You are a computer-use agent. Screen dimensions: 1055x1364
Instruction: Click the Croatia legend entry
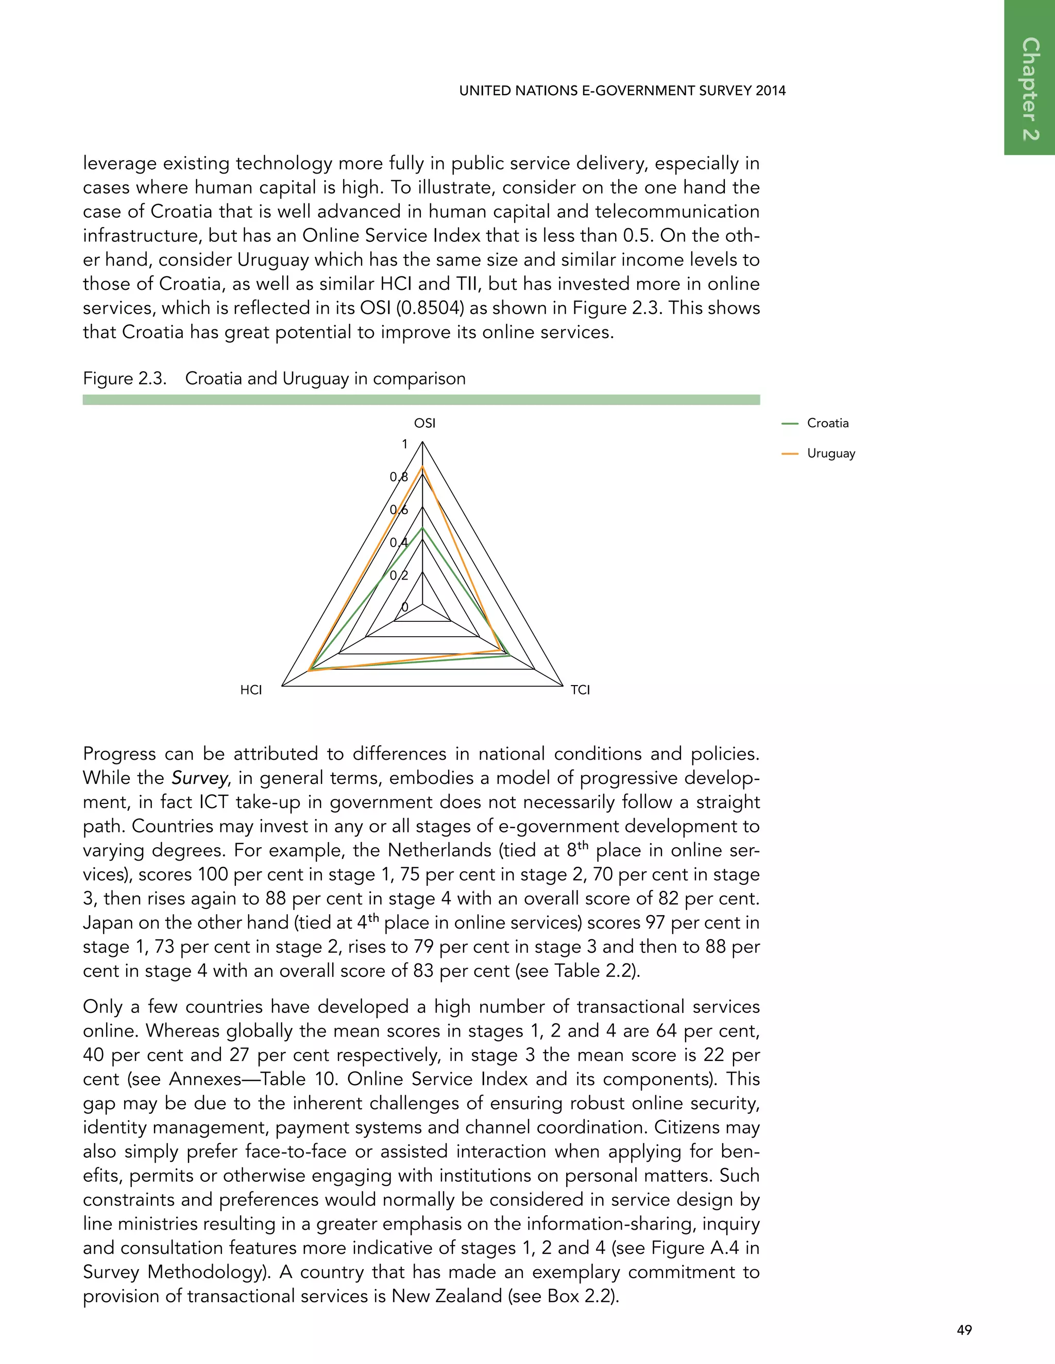pos(827,423)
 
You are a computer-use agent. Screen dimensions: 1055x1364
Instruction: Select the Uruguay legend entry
pos(830,453)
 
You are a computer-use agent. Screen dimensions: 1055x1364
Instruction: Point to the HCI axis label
pos(251,690)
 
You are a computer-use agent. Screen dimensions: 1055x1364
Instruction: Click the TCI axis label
pos(580,690)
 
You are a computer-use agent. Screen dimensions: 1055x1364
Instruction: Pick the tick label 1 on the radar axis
pos(404,444)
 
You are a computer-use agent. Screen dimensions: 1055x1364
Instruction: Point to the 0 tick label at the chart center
pos(404,607)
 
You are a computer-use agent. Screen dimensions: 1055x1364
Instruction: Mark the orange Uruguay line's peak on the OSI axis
pos(422,466)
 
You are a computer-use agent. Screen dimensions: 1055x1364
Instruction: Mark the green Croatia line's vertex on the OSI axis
pos(422,528)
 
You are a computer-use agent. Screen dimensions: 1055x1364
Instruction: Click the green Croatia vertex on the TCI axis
pos(510,655)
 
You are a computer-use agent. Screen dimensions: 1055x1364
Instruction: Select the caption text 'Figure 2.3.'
pos(124,378)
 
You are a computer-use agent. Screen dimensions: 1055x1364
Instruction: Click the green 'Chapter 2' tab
pos(1030,88)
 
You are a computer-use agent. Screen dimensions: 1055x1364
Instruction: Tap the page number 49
pos(964,1330)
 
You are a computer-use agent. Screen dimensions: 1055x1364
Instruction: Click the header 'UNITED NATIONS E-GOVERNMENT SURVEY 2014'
pos(622,91)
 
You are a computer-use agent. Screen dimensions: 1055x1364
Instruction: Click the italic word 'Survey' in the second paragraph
pos(199,778)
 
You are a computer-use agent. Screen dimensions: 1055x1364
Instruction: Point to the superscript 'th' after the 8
pos(583,846)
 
